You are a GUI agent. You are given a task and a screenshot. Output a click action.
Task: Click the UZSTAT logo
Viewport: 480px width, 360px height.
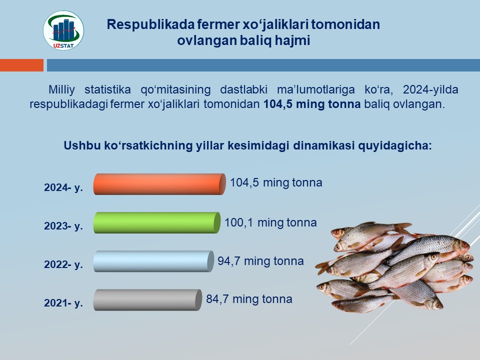pyautogui.click(x=63, y=30)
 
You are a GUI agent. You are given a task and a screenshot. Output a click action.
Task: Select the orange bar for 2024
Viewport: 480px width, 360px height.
pyautogui.click(x=159, y=184)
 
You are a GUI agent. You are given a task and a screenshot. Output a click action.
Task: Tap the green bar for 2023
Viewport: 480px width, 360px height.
pyautogui.click(x=156, y=223)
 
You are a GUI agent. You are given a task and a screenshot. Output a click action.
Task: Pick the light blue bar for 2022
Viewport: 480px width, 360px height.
pyautogui.click(x=153, y=261)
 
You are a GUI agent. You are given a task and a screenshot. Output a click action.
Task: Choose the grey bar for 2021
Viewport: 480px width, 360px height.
pyautogui.click(x=147, y=300)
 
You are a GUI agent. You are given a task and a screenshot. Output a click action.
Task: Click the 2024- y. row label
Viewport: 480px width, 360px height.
pyautogui.click(x=63, y=187)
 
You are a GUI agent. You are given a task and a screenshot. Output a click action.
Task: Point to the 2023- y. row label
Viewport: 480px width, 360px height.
pyautogui.click(x=63, y=226)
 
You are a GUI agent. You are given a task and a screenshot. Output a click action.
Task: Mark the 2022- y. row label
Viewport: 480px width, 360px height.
pyautogui.click(x=63, y=264)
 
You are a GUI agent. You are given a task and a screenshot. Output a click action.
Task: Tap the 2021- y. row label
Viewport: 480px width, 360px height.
pyautogui.click(x=63, y=303)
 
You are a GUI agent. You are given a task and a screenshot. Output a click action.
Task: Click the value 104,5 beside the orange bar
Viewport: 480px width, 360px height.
pyautogui.click(x=244, y=183)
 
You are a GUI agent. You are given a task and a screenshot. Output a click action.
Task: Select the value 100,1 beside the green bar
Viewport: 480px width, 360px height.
pyautogui.click(x=239, y=222)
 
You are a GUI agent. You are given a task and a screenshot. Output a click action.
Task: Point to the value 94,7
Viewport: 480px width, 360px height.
pyautogui.click(x=228, y=261)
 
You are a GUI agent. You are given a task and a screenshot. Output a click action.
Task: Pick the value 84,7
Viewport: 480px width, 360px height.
pyautogui.click(x=217, y=299)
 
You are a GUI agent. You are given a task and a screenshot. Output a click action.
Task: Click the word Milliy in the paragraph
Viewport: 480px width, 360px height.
pyautogui.click(x=61, y=90)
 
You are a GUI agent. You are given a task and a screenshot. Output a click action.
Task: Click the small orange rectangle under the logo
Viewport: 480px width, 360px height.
pyautogui.click(x=21, y=65)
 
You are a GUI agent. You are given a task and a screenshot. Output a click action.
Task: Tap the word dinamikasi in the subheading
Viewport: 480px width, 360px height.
pyautogui.click(x=323, y=145)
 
